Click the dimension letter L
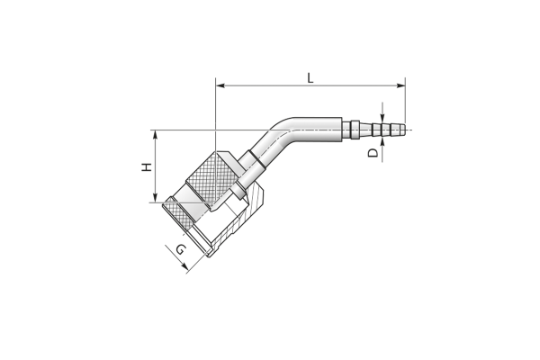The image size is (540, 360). pos(310,78)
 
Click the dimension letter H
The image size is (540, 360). pos(147,167)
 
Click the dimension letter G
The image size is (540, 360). pos(181,249)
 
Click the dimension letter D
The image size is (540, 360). pos(373,153)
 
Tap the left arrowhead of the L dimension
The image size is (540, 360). pos(220,85)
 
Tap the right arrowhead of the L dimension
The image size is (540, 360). pos(400,85)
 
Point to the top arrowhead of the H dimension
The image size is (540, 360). pos(156,134)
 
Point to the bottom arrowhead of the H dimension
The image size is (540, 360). pos(156,198)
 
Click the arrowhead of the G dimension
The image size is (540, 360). pos(184,266)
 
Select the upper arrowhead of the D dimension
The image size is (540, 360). pos(382,118)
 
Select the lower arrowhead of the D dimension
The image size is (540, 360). pos(382,141)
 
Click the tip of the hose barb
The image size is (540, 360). pos(404,130)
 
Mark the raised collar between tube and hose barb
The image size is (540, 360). pos(355,130)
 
